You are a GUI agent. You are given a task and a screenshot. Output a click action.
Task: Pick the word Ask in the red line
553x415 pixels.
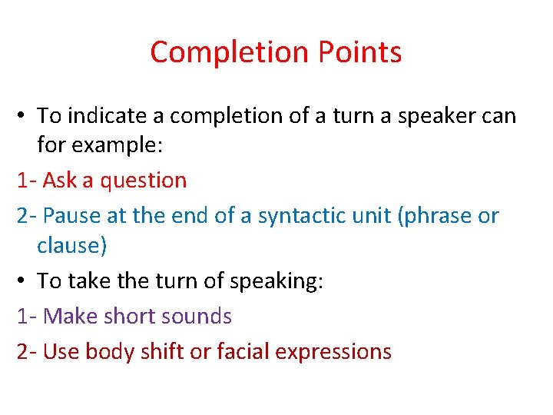[59, 181]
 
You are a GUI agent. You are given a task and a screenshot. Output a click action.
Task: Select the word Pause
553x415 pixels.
[72, 216]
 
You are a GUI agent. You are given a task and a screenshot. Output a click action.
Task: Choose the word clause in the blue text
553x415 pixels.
[68, 246]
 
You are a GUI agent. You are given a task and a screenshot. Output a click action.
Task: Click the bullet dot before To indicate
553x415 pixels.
[22, 117]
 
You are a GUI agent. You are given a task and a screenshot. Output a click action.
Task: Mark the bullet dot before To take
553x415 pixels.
[22, 281]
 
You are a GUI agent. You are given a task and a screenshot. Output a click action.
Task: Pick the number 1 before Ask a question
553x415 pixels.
[22, 181]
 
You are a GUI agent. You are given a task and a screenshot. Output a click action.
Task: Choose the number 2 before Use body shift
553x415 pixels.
[22, 352]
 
